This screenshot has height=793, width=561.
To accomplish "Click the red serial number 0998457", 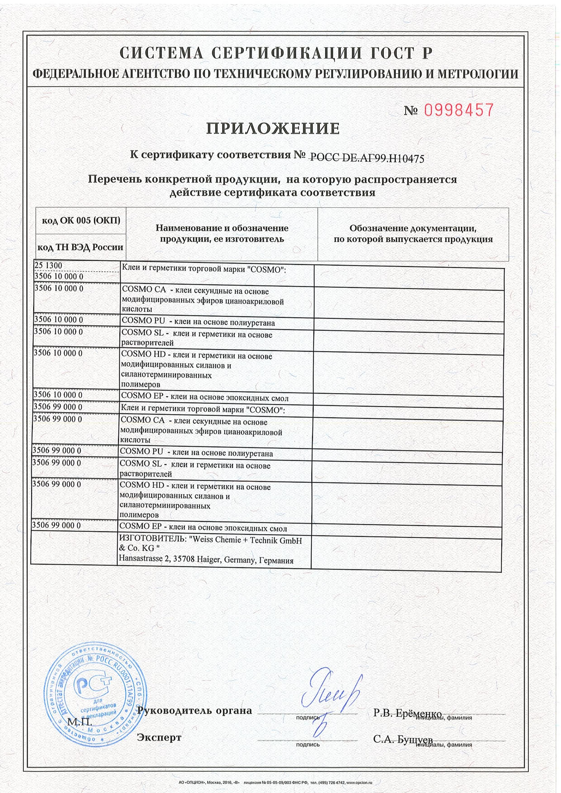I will [458, 110].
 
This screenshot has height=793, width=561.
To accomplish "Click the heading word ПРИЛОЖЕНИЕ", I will [273, 128].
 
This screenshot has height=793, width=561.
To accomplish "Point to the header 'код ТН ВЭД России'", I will [80, 247].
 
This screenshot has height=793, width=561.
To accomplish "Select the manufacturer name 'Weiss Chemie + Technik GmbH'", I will [247, 540].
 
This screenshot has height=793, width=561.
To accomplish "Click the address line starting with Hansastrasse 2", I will [206, 559].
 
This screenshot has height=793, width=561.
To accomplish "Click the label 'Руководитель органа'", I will [194, 710].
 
